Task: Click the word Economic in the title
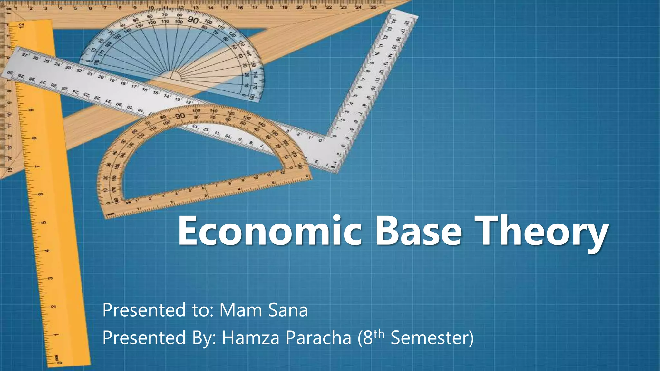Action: click(269, 231)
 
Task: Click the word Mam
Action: click(240, 310)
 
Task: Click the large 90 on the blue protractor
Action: click(193, 20)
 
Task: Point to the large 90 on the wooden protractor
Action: click(180, 116)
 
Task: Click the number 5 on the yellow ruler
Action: click(44, 222)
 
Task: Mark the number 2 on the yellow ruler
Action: click(53, 306)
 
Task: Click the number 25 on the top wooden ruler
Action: click(373, 7)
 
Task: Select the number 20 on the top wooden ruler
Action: click(299, 7)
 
